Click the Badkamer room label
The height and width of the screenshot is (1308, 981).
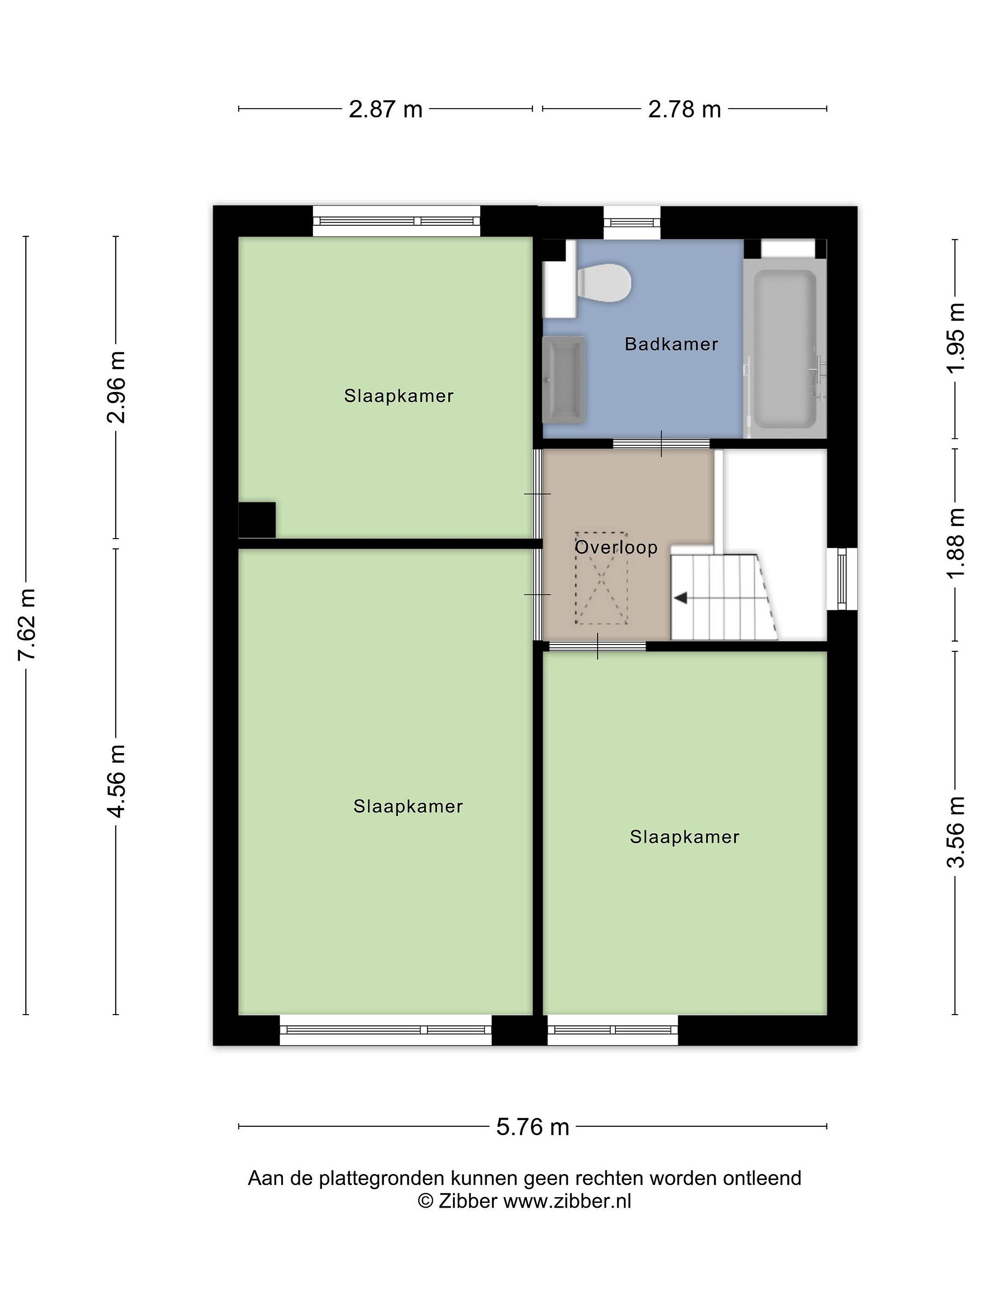pyautogui.click(x=671, y=344)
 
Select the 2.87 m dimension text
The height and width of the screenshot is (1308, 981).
pyautogui.click(x=386, y=109)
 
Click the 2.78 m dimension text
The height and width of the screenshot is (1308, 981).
pyautogui.click(x=685, y=109)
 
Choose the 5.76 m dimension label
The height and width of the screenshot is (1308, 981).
pyautogui.click(x=533, y=1127)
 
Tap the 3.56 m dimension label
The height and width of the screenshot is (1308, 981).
pyautogui.click(x=956, y=832)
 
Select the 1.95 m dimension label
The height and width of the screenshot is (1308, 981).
pyautogui.click(x=956, y=337)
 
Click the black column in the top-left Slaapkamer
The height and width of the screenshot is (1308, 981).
pyautogui.click(x=257, y=520)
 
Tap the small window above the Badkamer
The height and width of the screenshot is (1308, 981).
pyautogui.click(x=632, y=223)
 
